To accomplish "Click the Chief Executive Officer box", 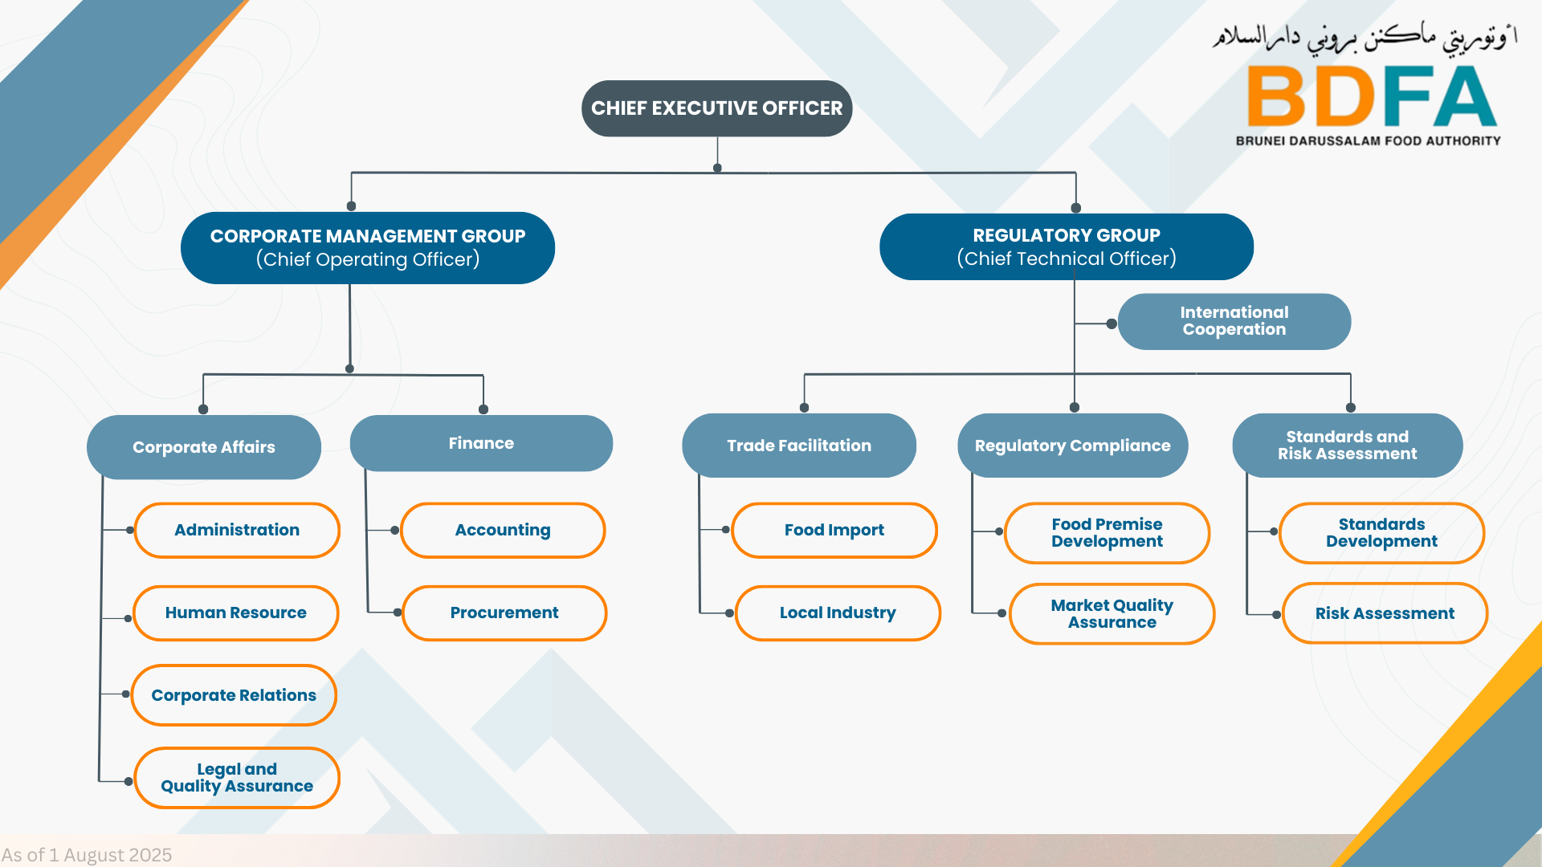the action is point(716,108).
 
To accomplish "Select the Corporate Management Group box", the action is point(368,248).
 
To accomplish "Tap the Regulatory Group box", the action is point(1067,246).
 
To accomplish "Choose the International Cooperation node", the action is point(1234,321).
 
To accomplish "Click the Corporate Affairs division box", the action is point(204,447).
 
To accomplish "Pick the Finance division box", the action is point(481,443).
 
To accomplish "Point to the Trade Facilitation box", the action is point(799,446).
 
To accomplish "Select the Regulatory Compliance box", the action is point(1073,446).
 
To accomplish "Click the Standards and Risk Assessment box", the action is point(1348,446).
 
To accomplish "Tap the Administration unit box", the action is point(237,530).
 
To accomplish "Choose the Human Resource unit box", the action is point(236,613).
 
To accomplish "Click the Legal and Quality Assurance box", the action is point(237,778).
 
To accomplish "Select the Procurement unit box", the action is point(504,613).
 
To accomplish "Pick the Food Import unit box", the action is point(834,530).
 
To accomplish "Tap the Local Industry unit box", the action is point(838,613).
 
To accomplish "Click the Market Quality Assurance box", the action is point(1112,613).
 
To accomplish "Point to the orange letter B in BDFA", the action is point(1277,96).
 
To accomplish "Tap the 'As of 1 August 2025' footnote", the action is point(87,855).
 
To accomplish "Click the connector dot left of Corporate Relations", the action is point(126,694).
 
